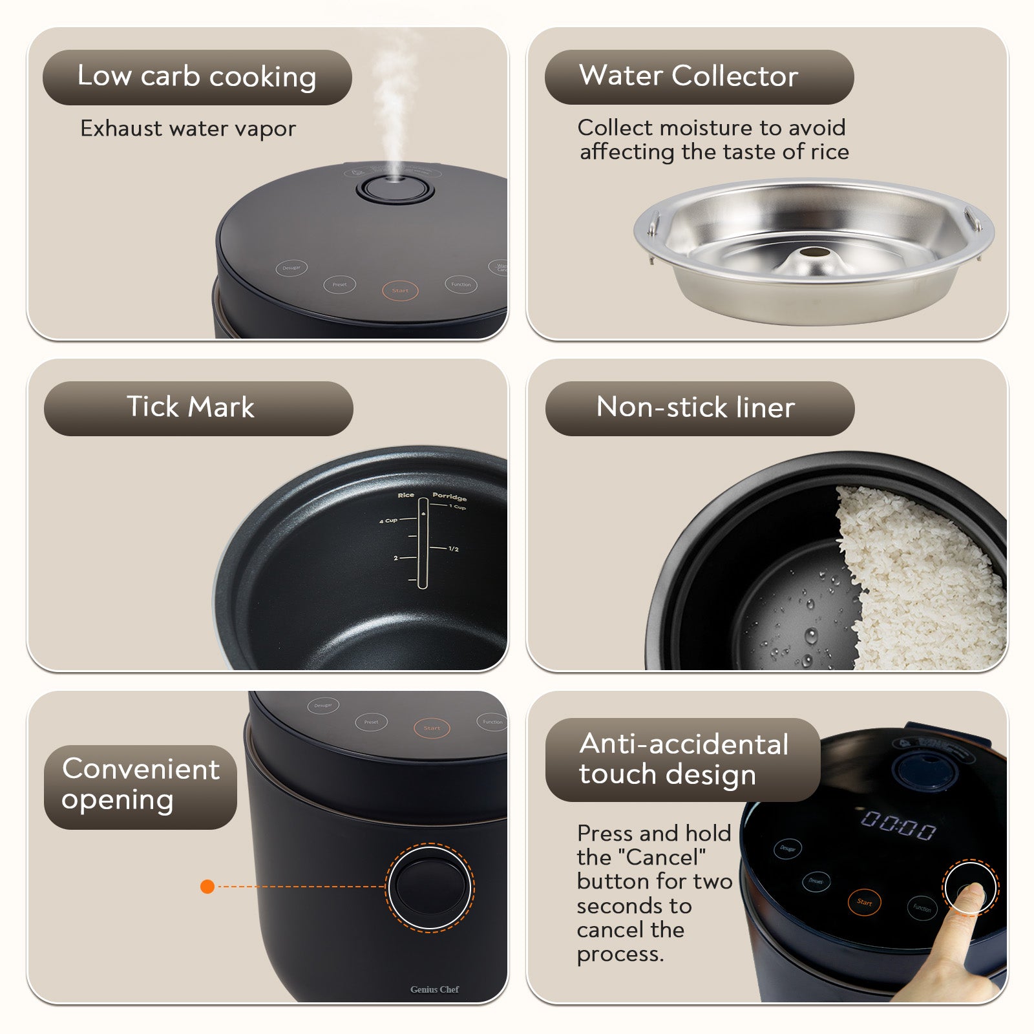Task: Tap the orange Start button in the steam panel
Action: pyautogui.click(x=400, y=290)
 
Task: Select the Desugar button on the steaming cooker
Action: pyautogui.click(x=291, y=268)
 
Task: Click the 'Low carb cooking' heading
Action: pyautogui.click(x=197, y=77)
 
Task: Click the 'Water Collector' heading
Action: pyautogui.click(x=689, y=76)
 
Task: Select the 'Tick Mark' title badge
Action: pyautogui.click(x=191, y=408)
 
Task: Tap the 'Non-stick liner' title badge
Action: pyautogui.click(x=695, y=408)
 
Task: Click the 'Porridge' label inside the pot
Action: pyautogui.click(x=449, y=497)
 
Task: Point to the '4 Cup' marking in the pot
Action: pyautogui.click(x=388, y=520)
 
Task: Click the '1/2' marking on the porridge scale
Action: pyautogui.click(x=454, y=549)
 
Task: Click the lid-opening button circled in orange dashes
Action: pyautogui.click(x=430, y=887)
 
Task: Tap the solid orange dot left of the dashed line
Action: pyautogui.click(x=207, y=887)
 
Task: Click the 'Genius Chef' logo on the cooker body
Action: pyautogui.click(x=434, y=989)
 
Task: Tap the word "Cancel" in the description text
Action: pyautogui.click(x=662, y=858)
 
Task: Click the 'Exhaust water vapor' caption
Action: pyautogui.click(x=188, y=129)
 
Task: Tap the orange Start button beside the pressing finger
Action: pyautogui.click(x=864, y=902)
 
